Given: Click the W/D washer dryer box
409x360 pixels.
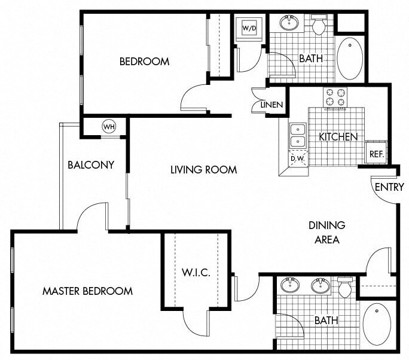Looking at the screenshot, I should coord(249,28).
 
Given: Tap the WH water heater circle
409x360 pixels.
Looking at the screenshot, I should coord(108,127).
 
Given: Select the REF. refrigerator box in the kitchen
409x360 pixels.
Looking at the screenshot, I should coord(376,153).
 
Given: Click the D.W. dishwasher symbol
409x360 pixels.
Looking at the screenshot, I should coord(297,158).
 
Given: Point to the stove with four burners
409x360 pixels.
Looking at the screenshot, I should coord(335,97).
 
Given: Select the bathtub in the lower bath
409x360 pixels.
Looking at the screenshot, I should coord(377,324).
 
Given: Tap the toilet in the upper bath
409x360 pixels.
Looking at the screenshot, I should coord(318,25).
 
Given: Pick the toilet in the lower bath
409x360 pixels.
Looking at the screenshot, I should coord(345,287).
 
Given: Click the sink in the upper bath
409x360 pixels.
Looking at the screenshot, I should coord(290,23).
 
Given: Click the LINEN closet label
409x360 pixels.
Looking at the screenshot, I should coord(271,105).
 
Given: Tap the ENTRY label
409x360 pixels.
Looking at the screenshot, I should coord(389,187).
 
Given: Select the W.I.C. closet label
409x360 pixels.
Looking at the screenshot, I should coord(196,273).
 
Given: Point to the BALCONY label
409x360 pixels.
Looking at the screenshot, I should coord(91,164).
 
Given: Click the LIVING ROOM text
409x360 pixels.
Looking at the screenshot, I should coord(203,170).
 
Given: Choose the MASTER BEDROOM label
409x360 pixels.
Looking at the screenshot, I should coord(87,291).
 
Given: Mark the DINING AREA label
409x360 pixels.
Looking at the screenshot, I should coord(327,233).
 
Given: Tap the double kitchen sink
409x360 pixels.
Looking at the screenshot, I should coord(297,136).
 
